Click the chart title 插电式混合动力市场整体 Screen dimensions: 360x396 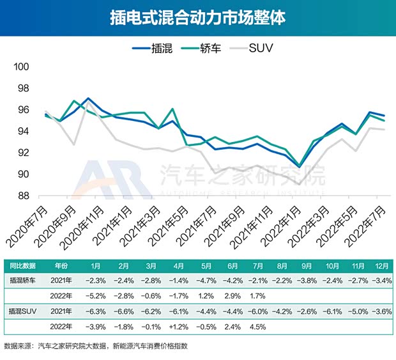[197, 17]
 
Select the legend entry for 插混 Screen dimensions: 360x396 [151, 49]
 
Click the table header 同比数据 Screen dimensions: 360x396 [22, 265]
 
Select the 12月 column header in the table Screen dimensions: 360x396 [381, 265]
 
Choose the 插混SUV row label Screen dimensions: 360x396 [24, 311]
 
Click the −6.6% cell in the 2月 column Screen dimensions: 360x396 [124, 311]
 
